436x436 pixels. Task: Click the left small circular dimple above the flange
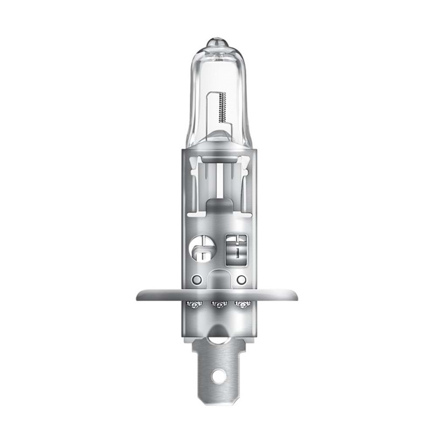click(x=196, y=279)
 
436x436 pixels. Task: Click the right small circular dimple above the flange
click(x=239, y=279)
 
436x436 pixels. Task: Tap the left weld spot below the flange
click(x=194, y=304)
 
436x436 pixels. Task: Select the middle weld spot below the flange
click(x=218, y=304)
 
